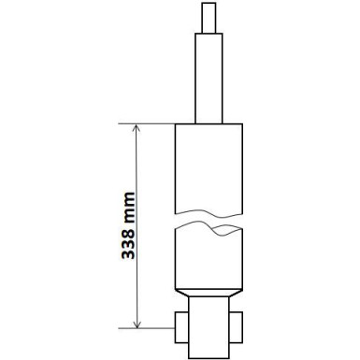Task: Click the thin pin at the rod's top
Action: tap(209, 18)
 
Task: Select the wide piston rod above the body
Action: tap(209, 79)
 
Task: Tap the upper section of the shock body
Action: tap(209, 168)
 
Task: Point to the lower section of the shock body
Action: tap(209, 260)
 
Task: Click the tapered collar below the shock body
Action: tap(209, 293)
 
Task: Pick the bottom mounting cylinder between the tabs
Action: tap(209, 326)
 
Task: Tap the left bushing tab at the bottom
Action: tap(181, 327)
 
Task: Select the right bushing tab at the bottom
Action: tap(236, 327)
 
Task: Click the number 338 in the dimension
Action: tap(128, 244)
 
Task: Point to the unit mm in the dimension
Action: tap(129, 208)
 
